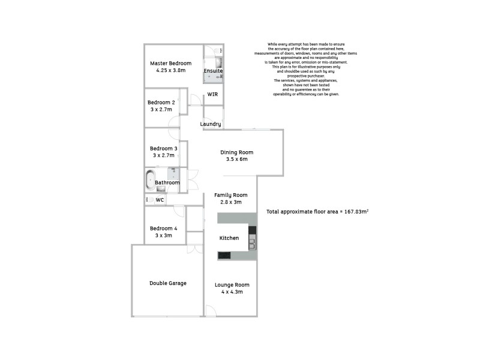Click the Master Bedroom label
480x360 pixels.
click(170, 63)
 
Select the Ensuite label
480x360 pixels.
click(213, 71)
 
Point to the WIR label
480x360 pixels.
click(212, 95)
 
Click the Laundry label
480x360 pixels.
click(211, 124)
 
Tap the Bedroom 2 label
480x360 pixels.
click(161, 102)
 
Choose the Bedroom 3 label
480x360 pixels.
click(163, 149)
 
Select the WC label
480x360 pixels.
click(160, 200)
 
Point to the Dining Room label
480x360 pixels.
click(237, 152)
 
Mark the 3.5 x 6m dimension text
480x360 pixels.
click(237, 160)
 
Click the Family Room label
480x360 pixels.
click(231, 195)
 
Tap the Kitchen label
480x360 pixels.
click(229, 238)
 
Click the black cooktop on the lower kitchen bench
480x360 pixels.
click(224, 255)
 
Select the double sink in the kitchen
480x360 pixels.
click(252, 243)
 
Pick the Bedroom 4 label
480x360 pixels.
click(163, 228)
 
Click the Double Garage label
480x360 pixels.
click(167, 283)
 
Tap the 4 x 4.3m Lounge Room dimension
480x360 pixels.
click(232, 292)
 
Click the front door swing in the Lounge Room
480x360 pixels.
click(210, 310)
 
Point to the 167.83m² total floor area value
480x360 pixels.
click(355, 212)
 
